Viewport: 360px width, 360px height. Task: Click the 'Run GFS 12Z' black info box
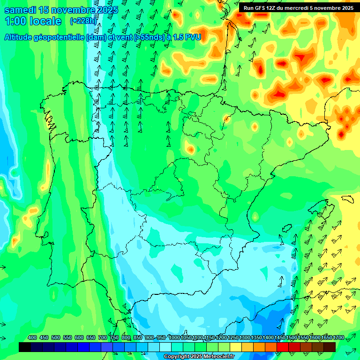point(299,8)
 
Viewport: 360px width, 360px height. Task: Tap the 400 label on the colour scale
point(32,337)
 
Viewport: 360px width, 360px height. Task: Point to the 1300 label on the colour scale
point(245,337)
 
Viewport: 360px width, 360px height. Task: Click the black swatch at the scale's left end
point(25,347)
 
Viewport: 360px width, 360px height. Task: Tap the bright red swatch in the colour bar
point(283,347)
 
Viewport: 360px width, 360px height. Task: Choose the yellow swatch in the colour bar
point(236,347)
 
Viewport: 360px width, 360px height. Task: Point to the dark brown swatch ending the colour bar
point(330,347)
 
